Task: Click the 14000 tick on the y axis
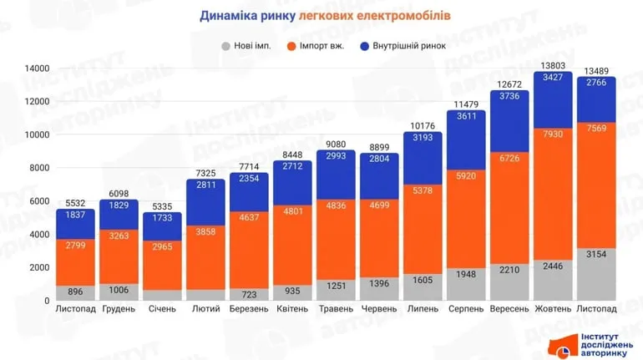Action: (37, 68)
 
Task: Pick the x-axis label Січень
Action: (163, 309)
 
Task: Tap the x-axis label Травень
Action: (337, 309)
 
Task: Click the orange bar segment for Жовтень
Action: (552, 192)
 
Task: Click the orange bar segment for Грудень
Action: (119, 259)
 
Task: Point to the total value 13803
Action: (552, 65)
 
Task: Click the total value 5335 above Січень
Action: (163, 205)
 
